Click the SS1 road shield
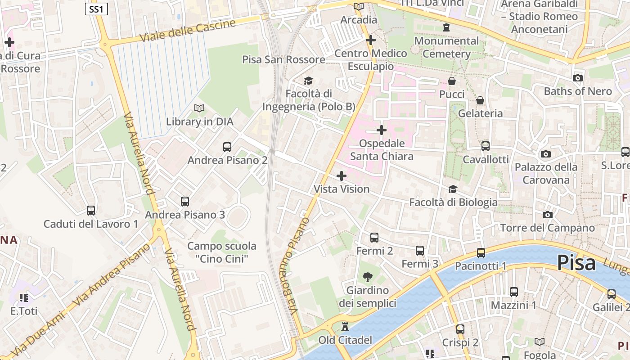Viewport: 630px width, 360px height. [x=96, y=9]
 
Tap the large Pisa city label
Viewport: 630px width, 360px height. [x=576, y=263]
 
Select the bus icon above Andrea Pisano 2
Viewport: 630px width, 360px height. [x=227, y=147]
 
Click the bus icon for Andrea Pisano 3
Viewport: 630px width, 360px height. [x=185, y=201]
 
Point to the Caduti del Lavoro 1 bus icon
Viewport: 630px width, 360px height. [x=91, y=210]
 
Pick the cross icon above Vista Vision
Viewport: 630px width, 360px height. [x=342, y=175]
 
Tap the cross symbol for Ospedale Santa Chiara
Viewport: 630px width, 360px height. [x=382, y=130]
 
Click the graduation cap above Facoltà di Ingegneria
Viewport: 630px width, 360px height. [x=308, y=81]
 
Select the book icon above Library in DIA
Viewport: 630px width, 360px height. [x=199, y=108]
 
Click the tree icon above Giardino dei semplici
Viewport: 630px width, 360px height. [x=368, y=277]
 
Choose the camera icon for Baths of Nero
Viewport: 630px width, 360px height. [x=578, y=78]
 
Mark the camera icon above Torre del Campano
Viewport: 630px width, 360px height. [x=547, y=215]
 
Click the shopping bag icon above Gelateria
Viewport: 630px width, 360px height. [x=480, y=100]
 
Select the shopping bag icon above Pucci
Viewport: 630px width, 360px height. [x=451, y=81]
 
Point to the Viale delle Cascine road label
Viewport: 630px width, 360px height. [x=188, y=31]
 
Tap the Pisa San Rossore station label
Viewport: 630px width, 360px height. [x=283, y=59]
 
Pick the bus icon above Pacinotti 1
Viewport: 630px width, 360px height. [x=481, y=252]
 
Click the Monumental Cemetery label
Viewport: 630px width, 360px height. [x=446, y=47]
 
